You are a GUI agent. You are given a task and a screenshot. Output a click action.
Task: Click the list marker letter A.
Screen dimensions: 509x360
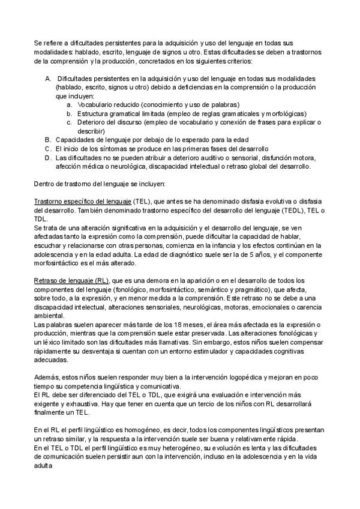tap(47, 79)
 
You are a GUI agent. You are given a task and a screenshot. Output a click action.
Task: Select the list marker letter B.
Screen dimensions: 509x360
tap(47, 139)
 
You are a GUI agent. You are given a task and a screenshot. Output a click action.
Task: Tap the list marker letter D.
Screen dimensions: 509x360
tap(47, 157)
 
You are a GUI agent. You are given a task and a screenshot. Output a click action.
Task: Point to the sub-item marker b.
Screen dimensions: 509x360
tap(70, 113)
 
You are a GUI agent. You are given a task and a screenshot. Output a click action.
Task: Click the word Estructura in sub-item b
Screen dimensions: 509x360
tap(93, 113)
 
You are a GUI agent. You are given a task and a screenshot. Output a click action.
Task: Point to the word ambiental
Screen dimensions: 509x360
tap(49, 316)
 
